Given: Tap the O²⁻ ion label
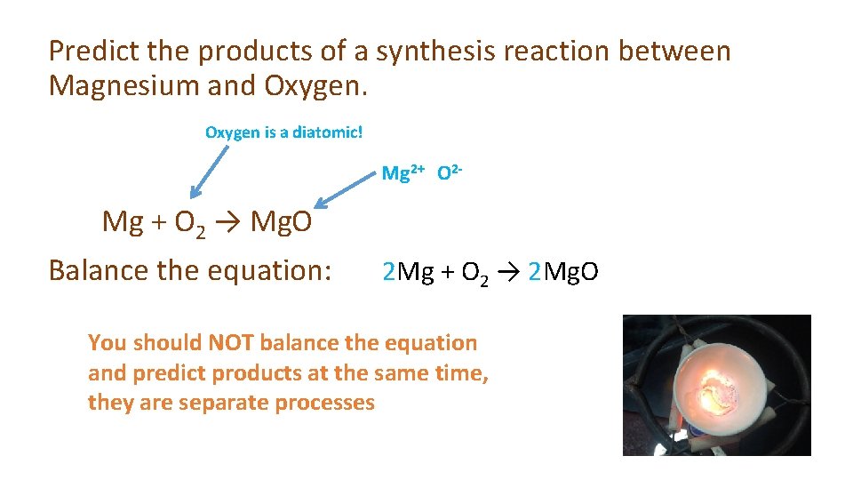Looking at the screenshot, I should coord(449,172).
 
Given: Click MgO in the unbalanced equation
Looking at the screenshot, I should coord(282,221).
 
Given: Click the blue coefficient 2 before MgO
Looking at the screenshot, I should coord(534,270).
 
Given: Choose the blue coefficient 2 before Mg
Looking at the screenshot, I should coord(388,270).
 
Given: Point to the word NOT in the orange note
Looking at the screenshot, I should coord(230,342).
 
